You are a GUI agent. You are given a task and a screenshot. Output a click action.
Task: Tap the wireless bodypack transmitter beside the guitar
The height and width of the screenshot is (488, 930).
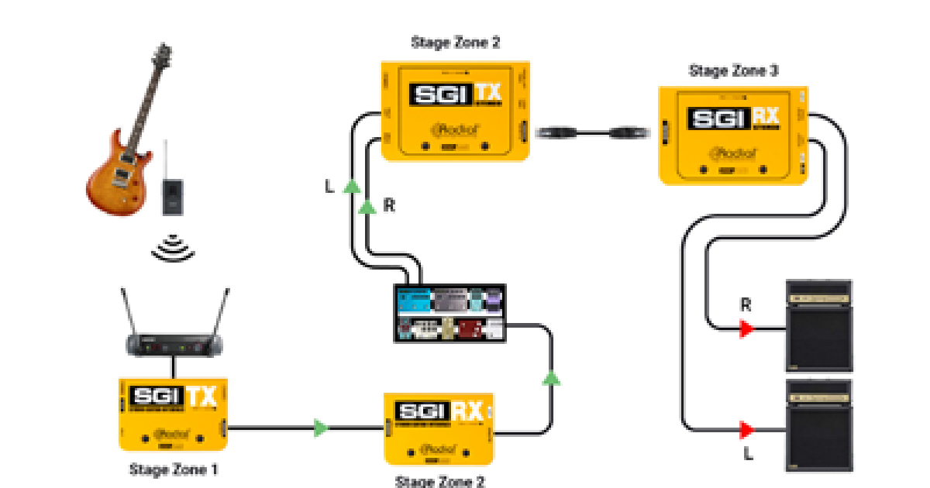pyautogui.click(x=172, y=192)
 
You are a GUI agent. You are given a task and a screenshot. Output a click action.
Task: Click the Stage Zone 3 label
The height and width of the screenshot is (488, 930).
pyautogui.click(x=733, y=71)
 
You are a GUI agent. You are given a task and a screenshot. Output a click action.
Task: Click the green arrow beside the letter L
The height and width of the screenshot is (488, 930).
pyautogui.click(x=352, y=187)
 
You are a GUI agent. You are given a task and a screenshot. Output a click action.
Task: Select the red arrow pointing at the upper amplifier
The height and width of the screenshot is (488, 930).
pyautogui.click(x=746, y=329)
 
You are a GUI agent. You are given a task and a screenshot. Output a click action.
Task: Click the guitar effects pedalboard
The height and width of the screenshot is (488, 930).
pyautogui.click(x=449, y=313)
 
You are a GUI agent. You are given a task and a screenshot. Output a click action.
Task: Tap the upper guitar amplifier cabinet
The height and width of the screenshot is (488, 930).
pyautogui.click(x=819, y=325)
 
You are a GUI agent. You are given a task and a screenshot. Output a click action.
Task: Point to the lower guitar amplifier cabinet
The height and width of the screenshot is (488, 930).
pyautogui.click(x=819, y=424)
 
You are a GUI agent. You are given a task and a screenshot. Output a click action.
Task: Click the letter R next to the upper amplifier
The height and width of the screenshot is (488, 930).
pyautogui.click(x=746, y=305)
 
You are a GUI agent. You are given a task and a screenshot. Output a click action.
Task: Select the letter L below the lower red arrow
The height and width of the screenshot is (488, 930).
pyautogui.click(x=748, y=454)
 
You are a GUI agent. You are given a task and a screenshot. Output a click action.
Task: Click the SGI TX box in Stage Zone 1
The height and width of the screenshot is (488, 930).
pyautogui.click(x=172, y=414)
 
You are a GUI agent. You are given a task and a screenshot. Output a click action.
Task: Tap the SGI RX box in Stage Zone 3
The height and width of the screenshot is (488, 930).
pyautogui.click(x=733, y=136)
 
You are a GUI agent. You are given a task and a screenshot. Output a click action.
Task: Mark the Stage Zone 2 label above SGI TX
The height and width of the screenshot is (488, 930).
pyautogui.click(x=455, y=43)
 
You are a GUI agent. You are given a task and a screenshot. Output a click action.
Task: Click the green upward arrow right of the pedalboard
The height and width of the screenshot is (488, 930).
pyautogui.click(x=551, y=378)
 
